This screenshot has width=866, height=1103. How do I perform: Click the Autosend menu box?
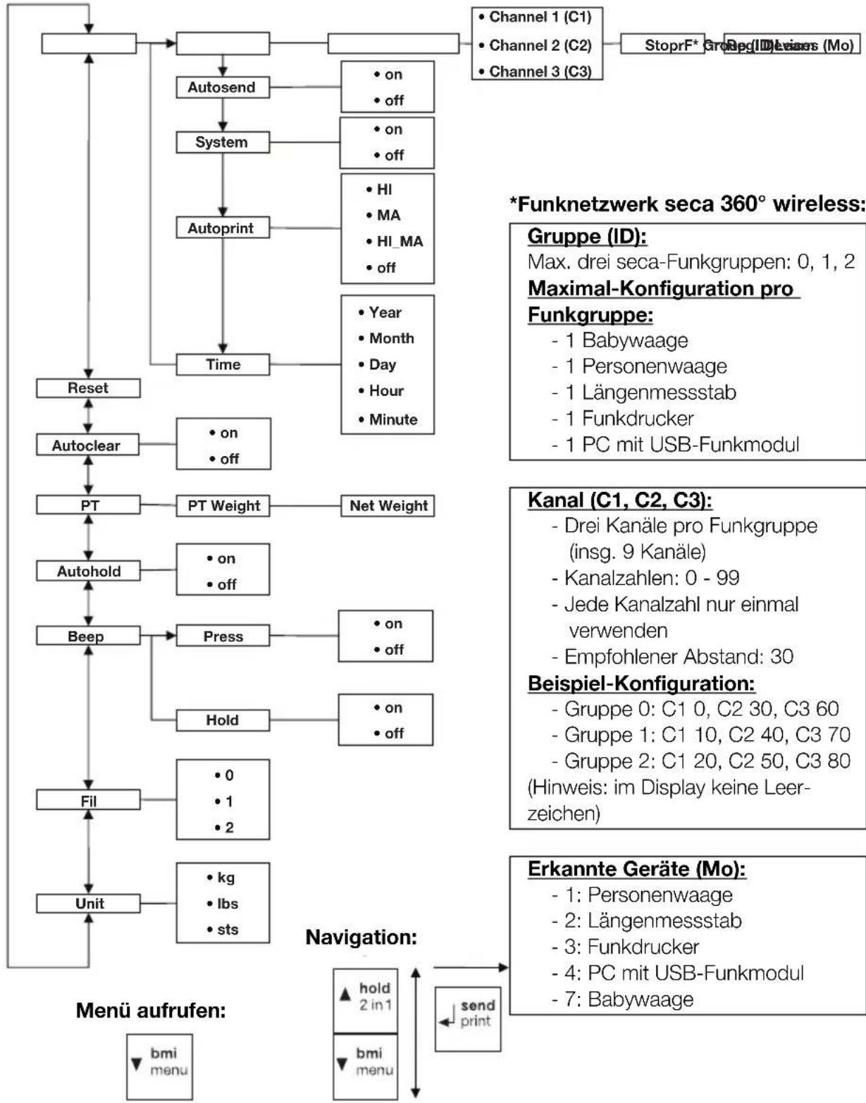tap(222, 88)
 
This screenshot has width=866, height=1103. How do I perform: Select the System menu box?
tap(222, 142)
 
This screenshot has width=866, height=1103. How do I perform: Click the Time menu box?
tap(223, 364)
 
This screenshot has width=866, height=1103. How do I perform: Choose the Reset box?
tap(88, 388)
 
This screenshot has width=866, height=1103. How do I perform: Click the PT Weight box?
tap(223, 506)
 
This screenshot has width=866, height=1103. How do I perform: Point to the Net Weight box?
tap(388, 506)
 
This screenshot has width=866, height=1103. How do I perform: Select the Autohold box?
tap(88, 572)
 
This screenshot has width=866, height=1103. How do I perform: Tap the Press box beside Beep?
tap(223, 636)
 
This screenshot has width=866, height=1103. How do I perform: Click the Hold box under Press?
tap(223, 720)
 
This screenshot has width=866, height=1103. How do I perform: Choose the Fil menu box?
tap(88, 801)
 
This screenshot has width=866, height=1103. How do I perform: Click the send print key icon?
tap(467, 1013)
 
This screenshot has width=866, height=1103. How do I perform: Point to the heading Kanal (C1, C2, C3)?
tap(620, 500)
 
